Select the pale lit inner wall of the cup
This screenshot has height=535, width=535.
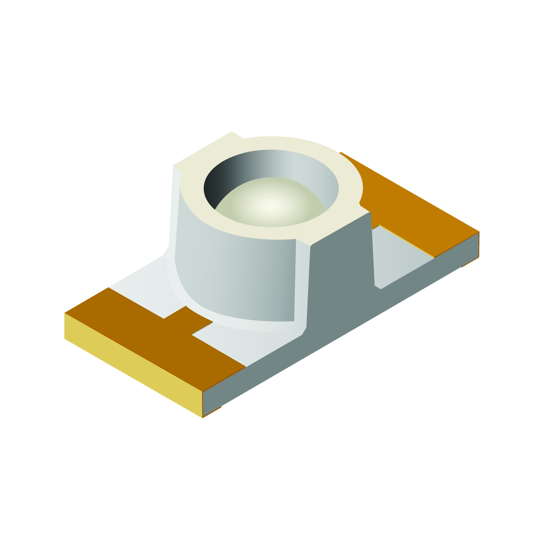tap(312, 172)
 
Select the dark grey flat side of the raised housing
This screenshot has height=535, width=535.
tap(341, 271)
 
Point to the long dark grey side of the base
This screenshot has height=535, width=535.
tap(330, 341)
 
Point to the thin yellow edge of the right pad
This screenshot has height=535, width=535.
tap(407, 242)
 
